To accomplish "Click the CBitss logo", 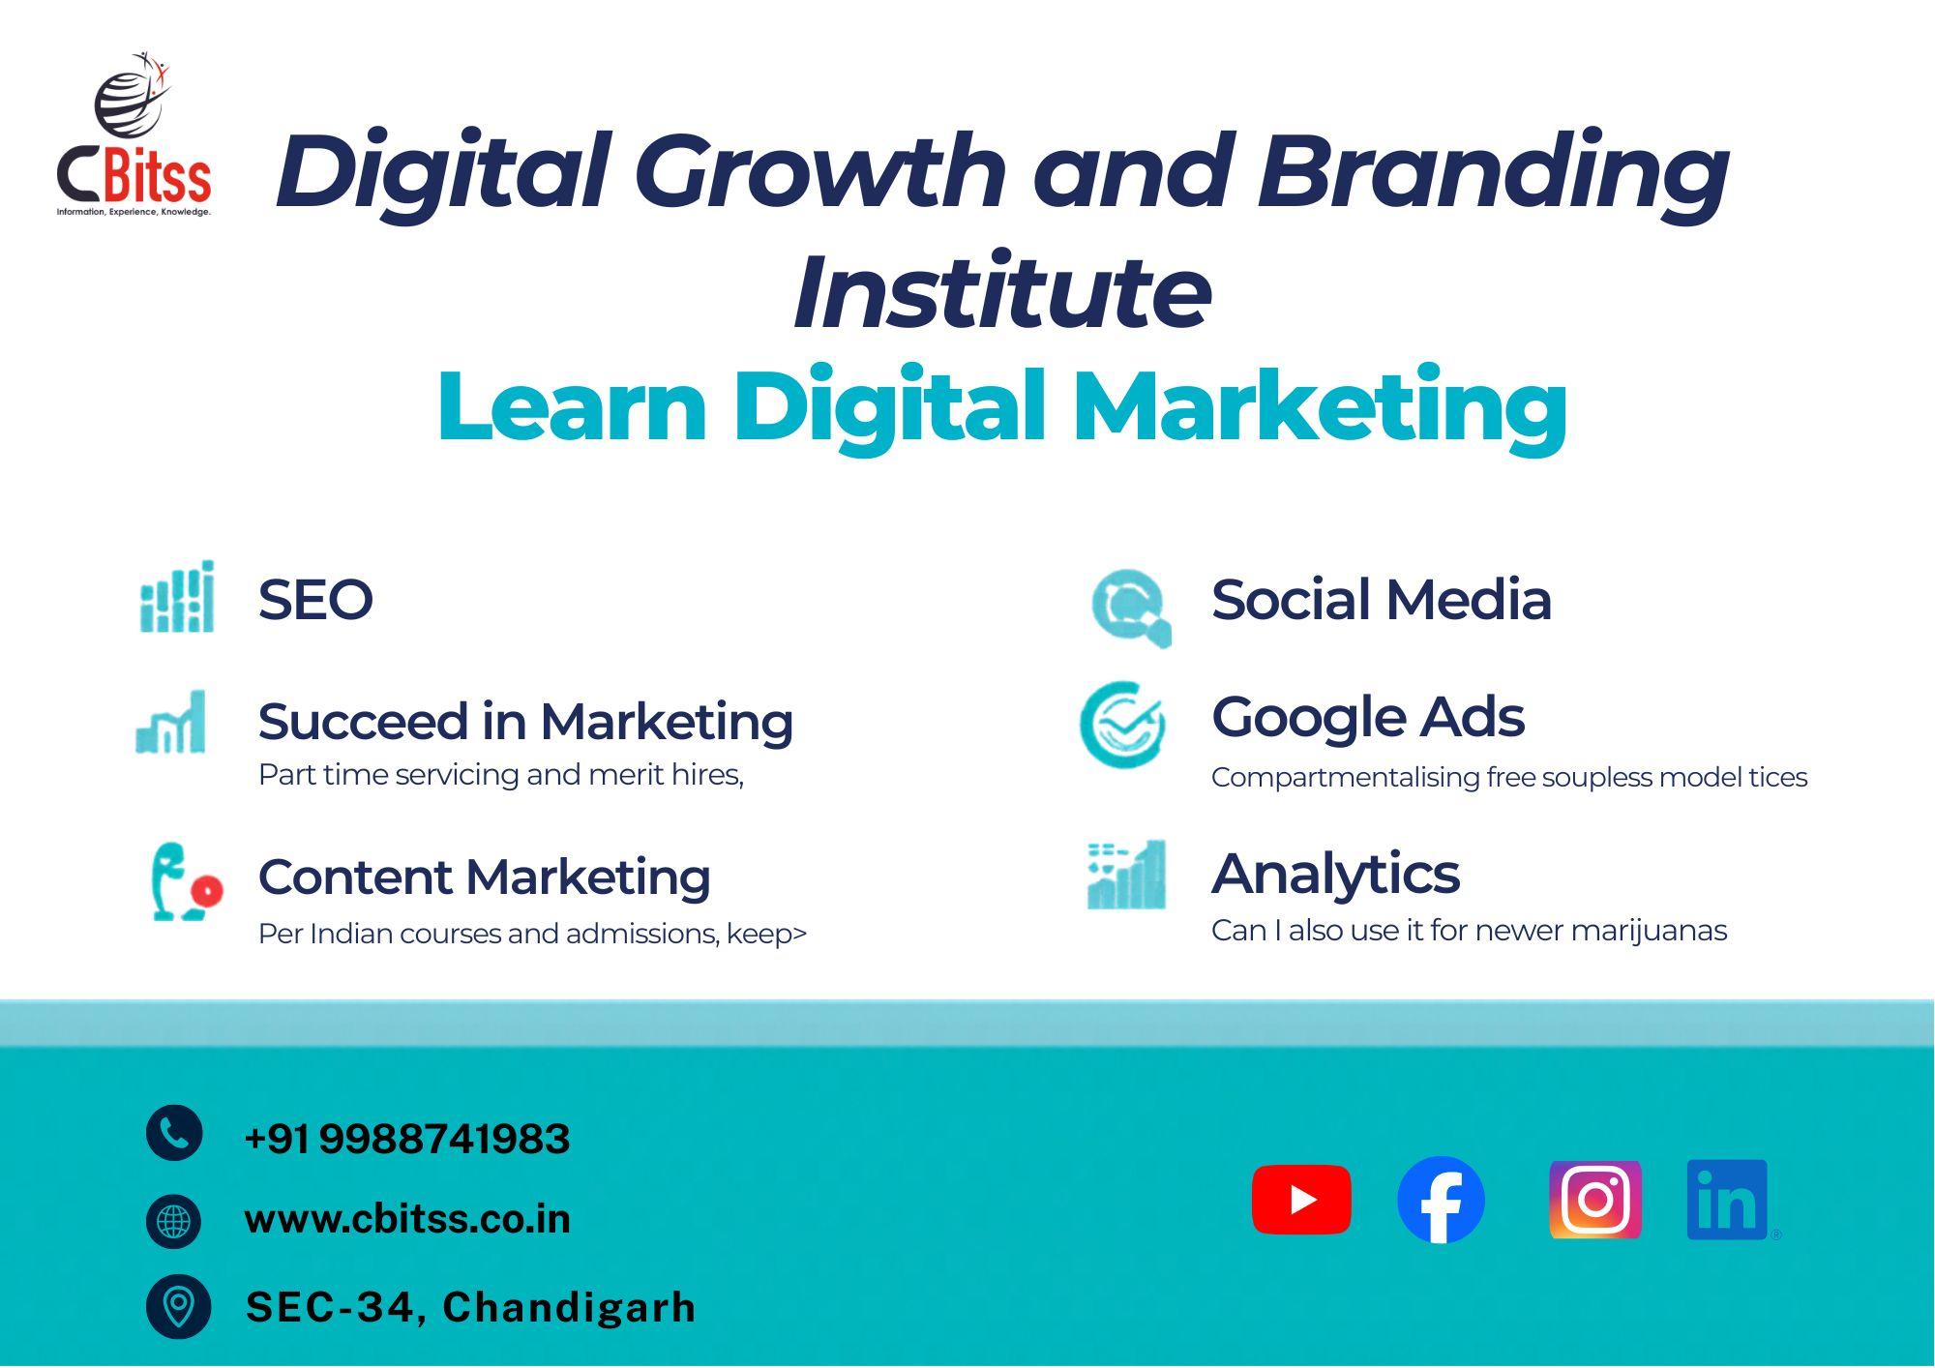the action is (x=134, y=134).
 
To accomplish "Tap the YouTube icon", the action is (x=1301, y=1200).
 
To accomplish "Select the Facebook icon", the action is (x=1441, y=1200).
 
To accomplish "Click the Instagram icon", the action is (x=1595, y=1200).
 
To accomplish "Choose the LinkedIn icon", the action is (x=1728, y=1200).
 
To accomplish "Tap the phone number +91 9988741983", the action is (x=407, y=1139).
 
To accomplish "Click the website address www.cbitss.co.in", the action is (x=407, y=1219).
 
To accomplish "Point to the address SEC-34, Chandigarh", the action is (x=471, y=1307).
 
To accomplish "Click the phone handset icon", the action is (x=174, y=1132).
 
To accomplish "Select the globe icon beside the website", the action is (x=174, y=1221).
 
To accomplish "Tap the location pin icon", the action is (x=178, y=1307).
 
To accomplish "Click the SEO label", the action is (x=315, y=600).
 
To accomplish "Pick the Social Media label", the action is (x=1382, y=599).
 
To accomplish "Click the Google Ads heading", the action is (x=1368, y=717).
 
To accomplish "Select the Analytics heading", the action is (x=1335, y=875).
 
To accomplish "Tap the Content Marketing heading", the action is (x=485, y=878).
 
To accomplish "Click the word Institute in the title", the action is (x=1002, y=291).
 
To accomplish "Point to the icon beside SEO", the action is (x=177, y=596).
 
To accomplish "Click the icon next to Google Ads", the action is (x=1122, y=725).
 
